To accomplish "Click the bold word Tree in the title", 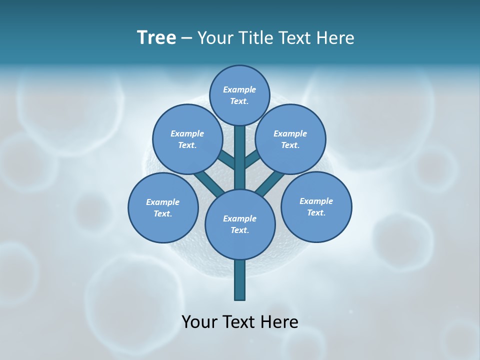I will coord(156,37).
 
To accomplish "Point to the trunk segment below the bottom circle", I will coord(240,280).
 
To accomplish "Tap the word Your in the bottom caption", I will coord(199,321).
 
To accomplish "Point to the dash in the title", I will coord(187,38).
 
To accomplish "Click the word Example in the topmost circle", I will coord(239,89).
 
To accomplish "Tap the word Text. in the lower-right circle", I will coord(316,212).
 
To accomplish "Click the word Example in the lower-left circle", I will coord(162,202).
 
